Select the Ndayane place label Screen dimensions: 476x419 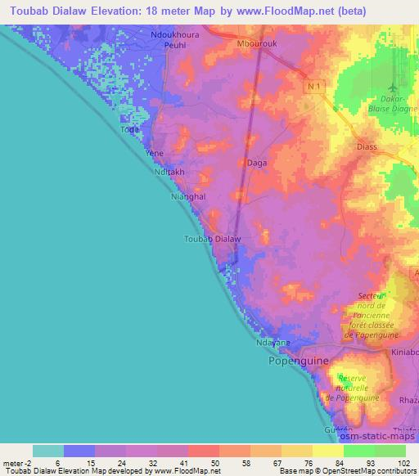pyautogui.click(x=273, y=344)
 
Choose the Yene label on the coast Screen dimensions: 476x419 pyautogui.click(x=154, y=153)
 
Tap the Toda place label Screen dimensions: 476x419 pyautogui.click(x=129, y=130)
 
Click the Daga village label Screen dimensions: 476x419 pyautogui.click(x=256, y=164)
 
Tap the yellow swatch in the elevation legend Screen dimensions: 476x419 pyautogui.click(x=327, y=451)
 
